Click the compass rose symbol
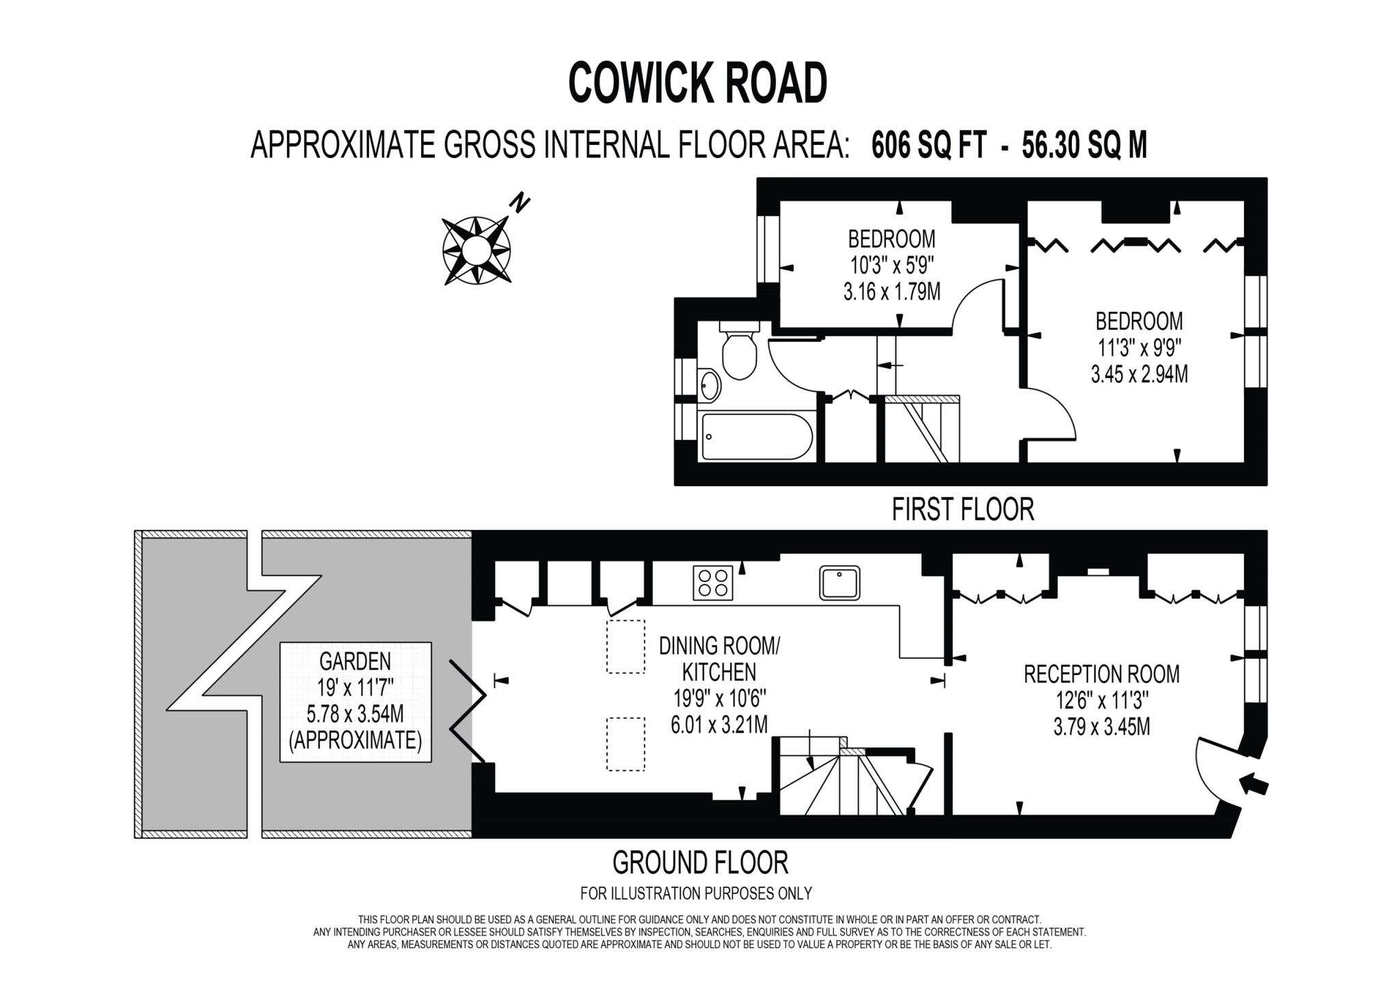(x=476, y=250)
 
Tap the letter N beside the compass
(x=521, y=204)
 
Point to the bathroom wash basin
(x=710, y=385)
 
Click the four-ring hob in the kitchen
(x=712, y=583)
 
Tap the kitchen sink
(x=839, y=583)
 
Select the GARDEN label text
(x=355, y=661)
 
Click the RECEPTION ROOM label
(x=1101, y=674)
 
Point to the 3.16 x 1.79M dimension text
(x=891, y=293)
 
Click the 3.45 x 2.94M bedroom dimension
(x=1139, y=375)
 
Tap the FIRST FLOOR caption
(x=962, y=510)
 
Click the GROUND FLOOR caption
(x=700, y=862)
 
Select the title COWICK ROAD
(x=698, y=83)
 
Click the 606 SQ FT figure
(x=929, y=145)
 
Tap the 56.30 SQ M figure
(x=1084, y=145)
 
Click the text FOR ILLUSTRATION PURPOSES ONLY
(x=696, y=893)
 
